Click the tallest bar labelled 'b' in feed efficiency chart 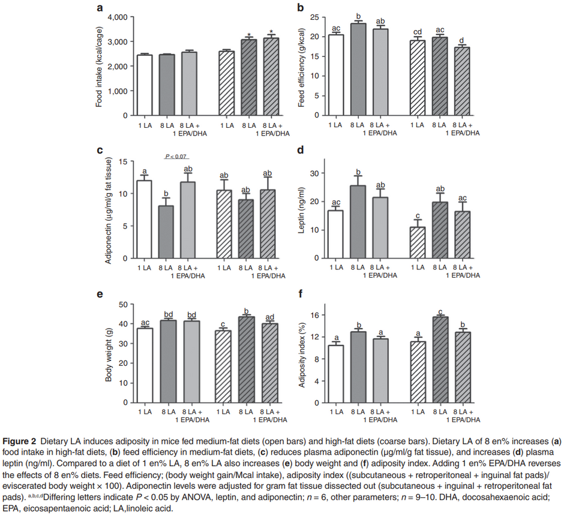pos(359,69)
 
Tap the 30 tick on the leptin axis pos(312,173)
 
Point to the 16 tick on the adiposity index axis pos(313,315)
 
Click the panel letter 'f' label pos(301,294)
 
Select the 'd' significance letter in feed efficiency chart pos(460,40)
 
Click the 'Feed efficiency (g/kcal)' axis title pos(302,65)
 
